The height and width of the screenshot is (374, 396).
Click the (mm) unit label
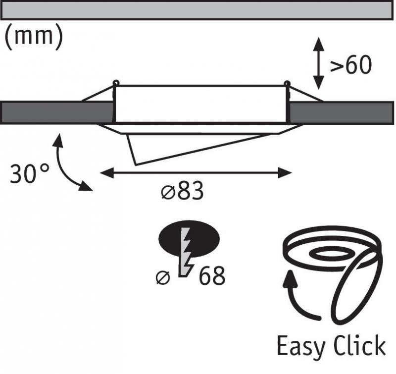34,38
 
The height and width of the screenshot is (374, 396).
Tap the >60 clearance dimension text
350,66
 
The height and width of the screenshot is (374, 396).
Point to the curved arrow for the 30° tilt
67,163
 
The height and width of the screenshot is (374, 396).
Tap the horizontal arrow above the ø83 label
196,173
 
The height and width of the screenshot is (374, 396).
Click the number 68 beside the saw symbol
212,276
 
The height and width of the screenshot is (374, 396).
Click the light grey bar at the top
198,10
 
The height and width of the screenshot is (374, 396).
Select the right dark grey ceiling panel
342,112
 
